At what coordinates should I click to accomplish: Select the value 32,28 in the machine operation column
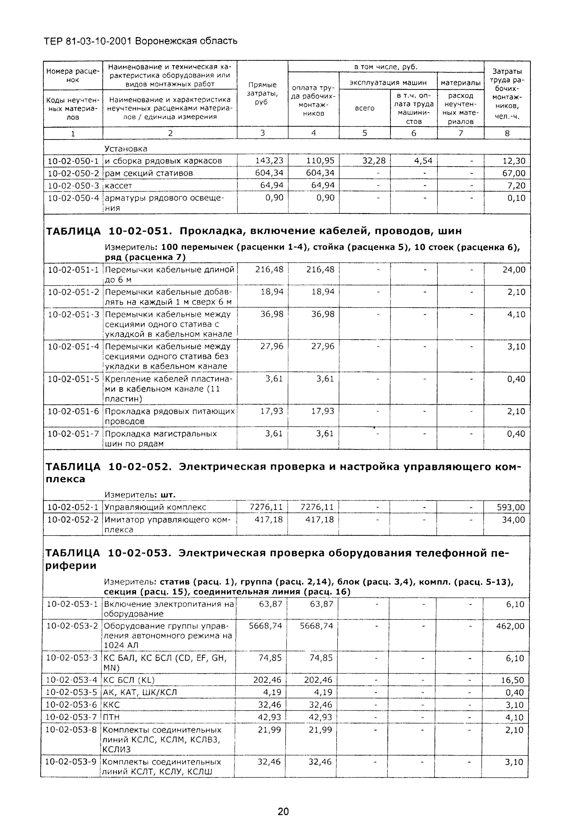click(374, 161)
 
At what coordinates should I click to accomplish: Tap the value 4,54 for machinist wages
click(423, 161)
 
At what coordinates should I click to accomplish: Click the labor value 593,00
click(511, 507)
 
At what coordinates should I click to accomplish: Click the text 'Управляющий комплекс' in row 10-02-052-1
click(155, 507)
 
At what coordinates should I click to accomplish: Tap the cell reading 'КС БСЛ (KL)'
click(129, 680)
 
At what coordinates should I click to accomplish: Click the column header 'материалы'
click(460, 83)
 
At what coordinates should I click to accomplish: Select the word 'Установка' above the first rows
click(126, 149)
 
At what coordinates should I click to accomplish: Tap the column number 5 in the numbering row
click(364, 133)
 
